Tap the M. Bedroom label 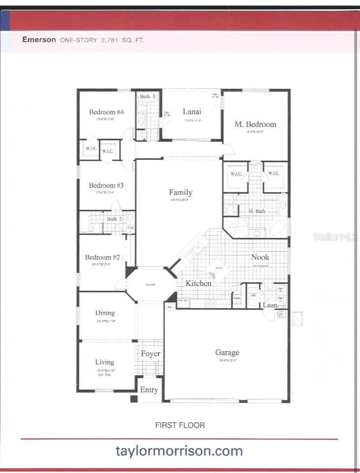pos(255,124)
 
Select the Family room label pos(181,192)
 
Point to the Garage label pos(227,352)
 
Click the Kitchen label pos(198,283)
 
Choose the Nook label pos(260,257)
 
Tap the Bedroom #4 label pos(106,112)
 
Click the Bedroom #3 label pos(106,185)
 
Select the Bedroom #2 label pos(102,257)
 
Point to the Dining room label pos(105,312)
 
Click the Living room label pos(104,362)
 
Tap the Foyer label pos(150,354)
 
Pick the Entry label pos(149,390)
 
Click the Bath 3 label pos(147,96)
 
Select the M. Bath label pos(257,211)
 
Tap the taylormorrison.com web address pos(179,450)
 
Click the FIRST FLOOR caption pos(180,425)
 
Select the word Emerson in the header pos(39,40)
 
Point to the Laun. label pos(270,305)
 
